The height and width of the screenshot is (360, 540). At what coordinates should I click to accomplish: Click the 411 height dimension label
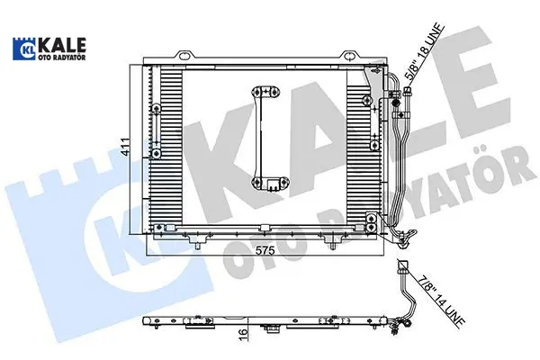(x=126, y=147)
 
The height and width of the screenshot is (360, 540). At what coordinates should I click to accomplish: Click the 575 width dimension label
(x=265, y=250)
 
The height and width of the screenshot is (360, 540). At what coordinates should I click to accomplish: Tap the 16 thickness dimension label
(x=243, y=332)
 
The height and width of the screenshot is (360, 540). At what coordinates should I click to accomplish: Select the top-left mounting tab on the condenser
(x=185, y=55)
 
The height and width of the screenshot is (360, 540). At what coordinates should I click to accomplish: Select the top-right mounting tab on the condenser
(x=350, y=55)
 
